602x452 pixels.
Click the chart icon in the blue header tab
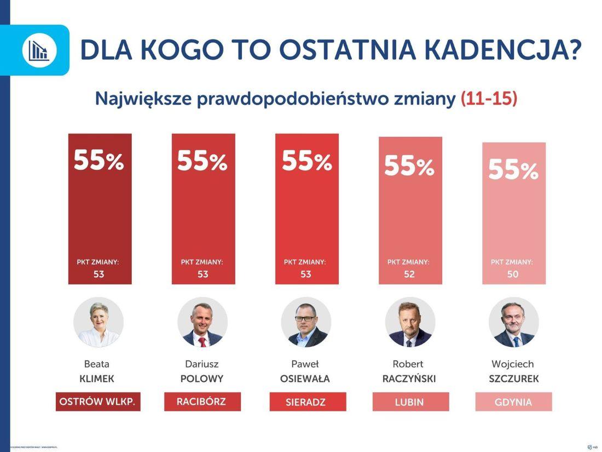pos(39,50)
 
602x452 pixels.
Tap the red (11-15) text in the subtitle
pos(489,99)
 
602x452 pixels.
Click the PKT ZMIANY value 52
pos(409,274)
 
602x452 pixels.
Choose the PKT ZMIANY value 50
pos(513,274)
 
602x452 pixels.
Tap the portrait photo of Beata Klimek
pos(99,322)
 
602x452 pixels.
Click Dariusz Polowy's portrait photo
pos(202,322)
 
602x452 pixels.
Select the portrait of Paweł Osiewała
pos(306,322)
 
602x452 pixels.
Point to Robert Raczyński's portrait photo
pos(410,322)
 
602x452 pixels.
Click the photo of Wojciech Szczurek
pos(513,322)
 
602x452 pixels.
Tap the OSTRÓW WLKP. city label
pos(98,402)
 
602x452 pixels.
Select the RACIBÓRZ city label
pos(201,402)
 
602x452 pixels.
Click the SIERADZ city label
pos(306,402)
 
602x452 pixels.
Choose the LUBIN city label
pos(409,402)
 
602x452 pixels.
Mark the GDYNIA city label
pos(513,402)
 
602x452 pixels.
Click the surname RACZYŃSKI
pos(409,379)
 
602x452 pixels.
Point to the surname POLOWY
pos(202,379)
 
